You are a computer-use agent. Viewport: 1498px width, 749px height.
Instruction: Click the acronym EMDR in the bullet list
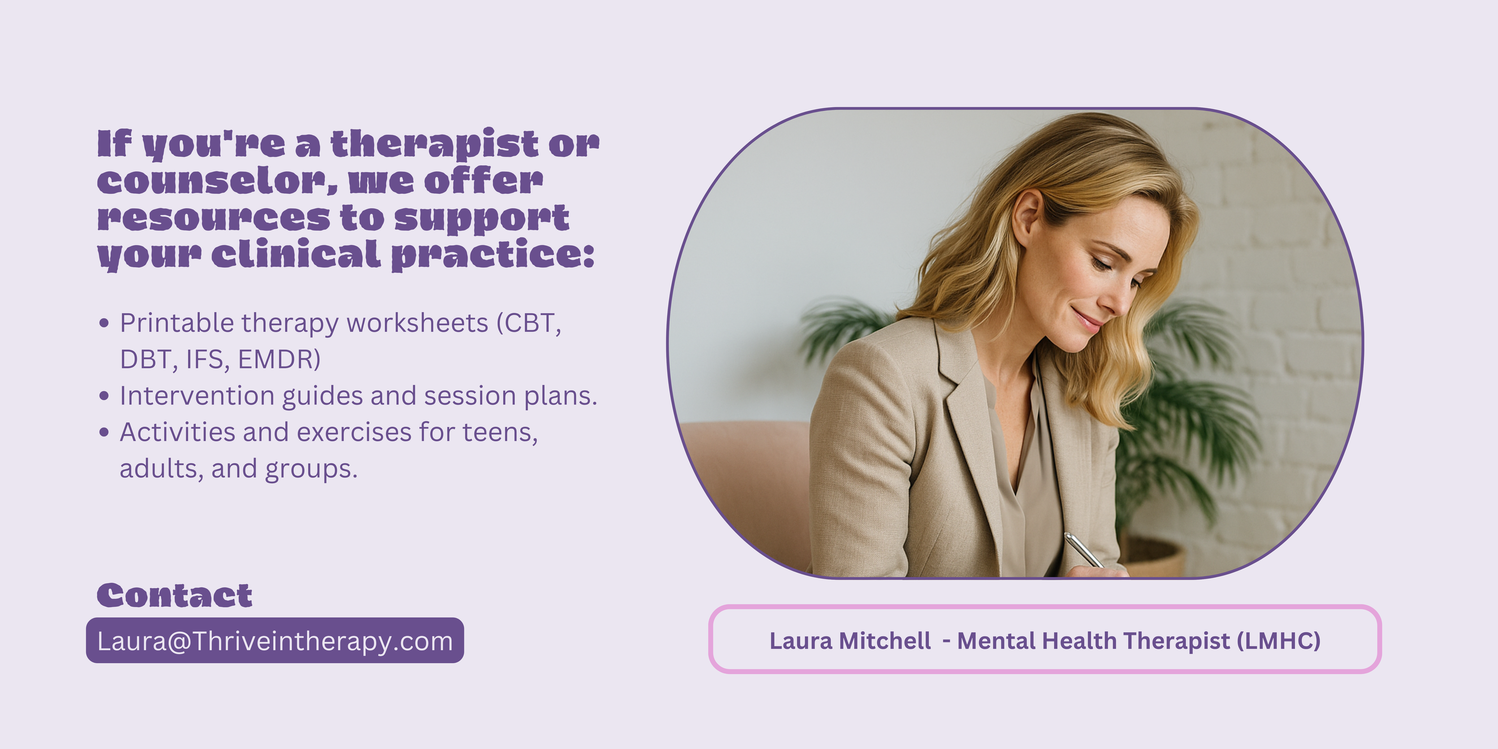[279, 359]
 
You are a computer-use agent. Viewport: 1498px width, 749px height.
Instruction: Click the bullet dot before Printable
[104, 323]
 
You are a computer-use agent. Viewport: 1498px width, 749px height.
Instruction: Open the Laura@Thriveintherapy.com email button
[275, 640]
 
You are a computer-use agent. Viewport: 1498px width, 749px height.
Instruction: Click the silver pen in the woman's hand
[1083, 550]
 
